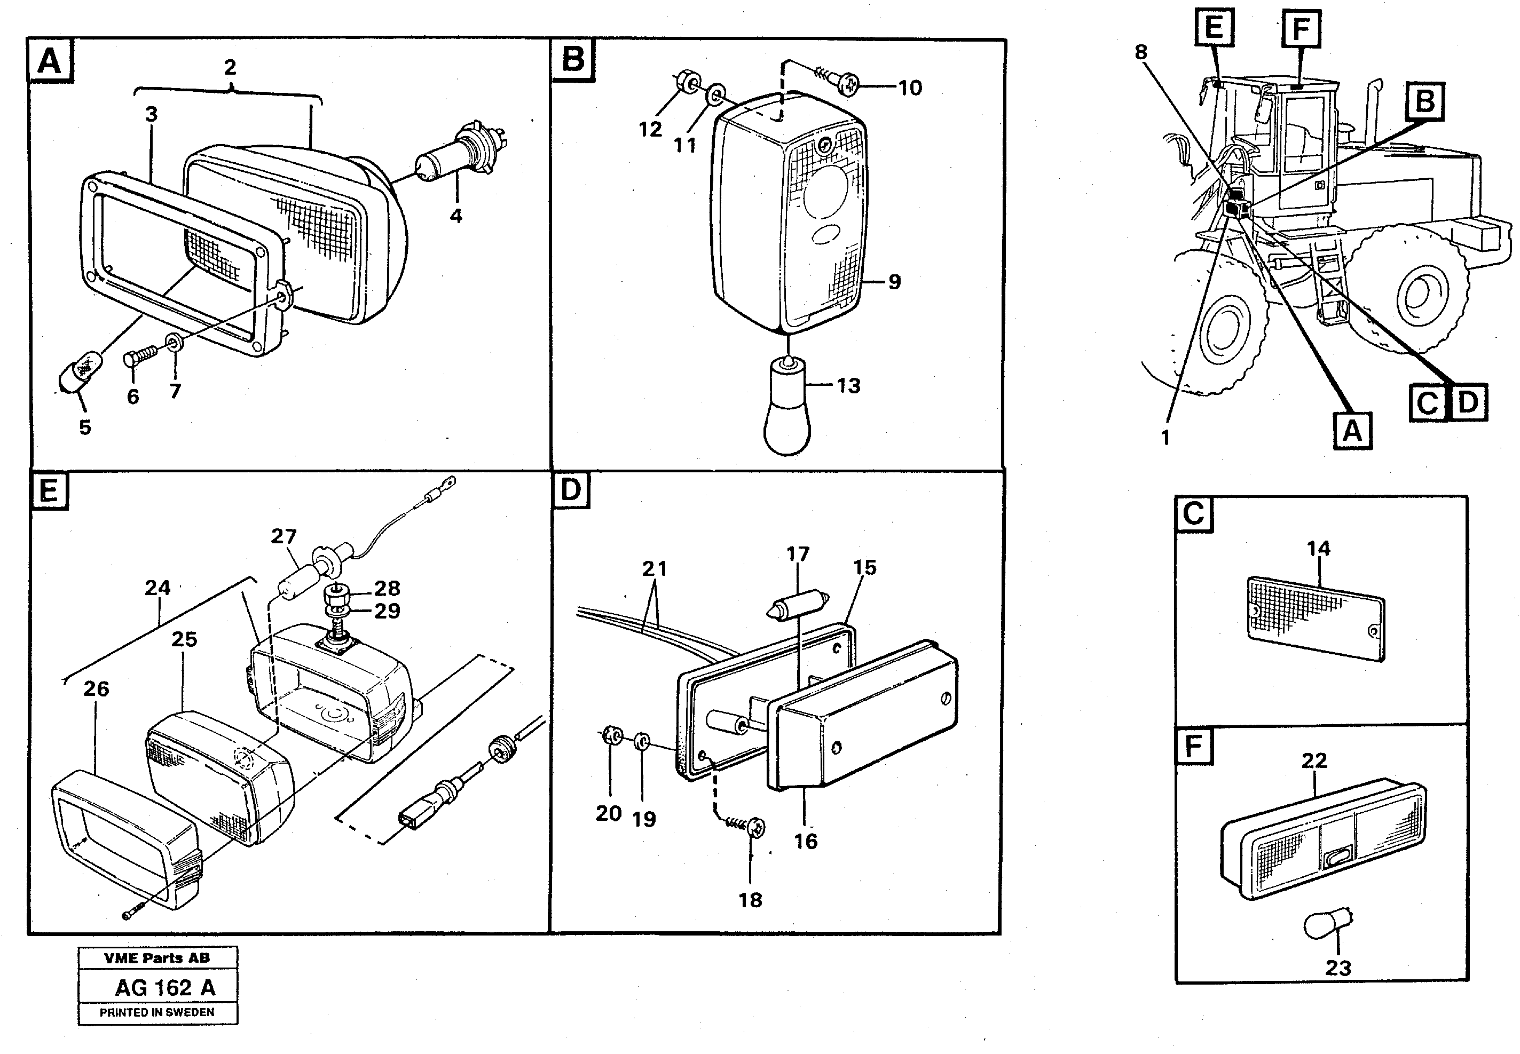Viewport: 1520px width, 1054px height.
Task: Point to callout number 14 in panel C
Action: click(x=1318, y=548)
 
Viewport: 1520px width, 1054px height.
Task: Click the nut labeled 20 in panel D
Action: click(x=610, y=736)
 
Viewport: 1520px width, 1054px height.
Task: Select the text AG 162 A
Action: click(x=165, y=987)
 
